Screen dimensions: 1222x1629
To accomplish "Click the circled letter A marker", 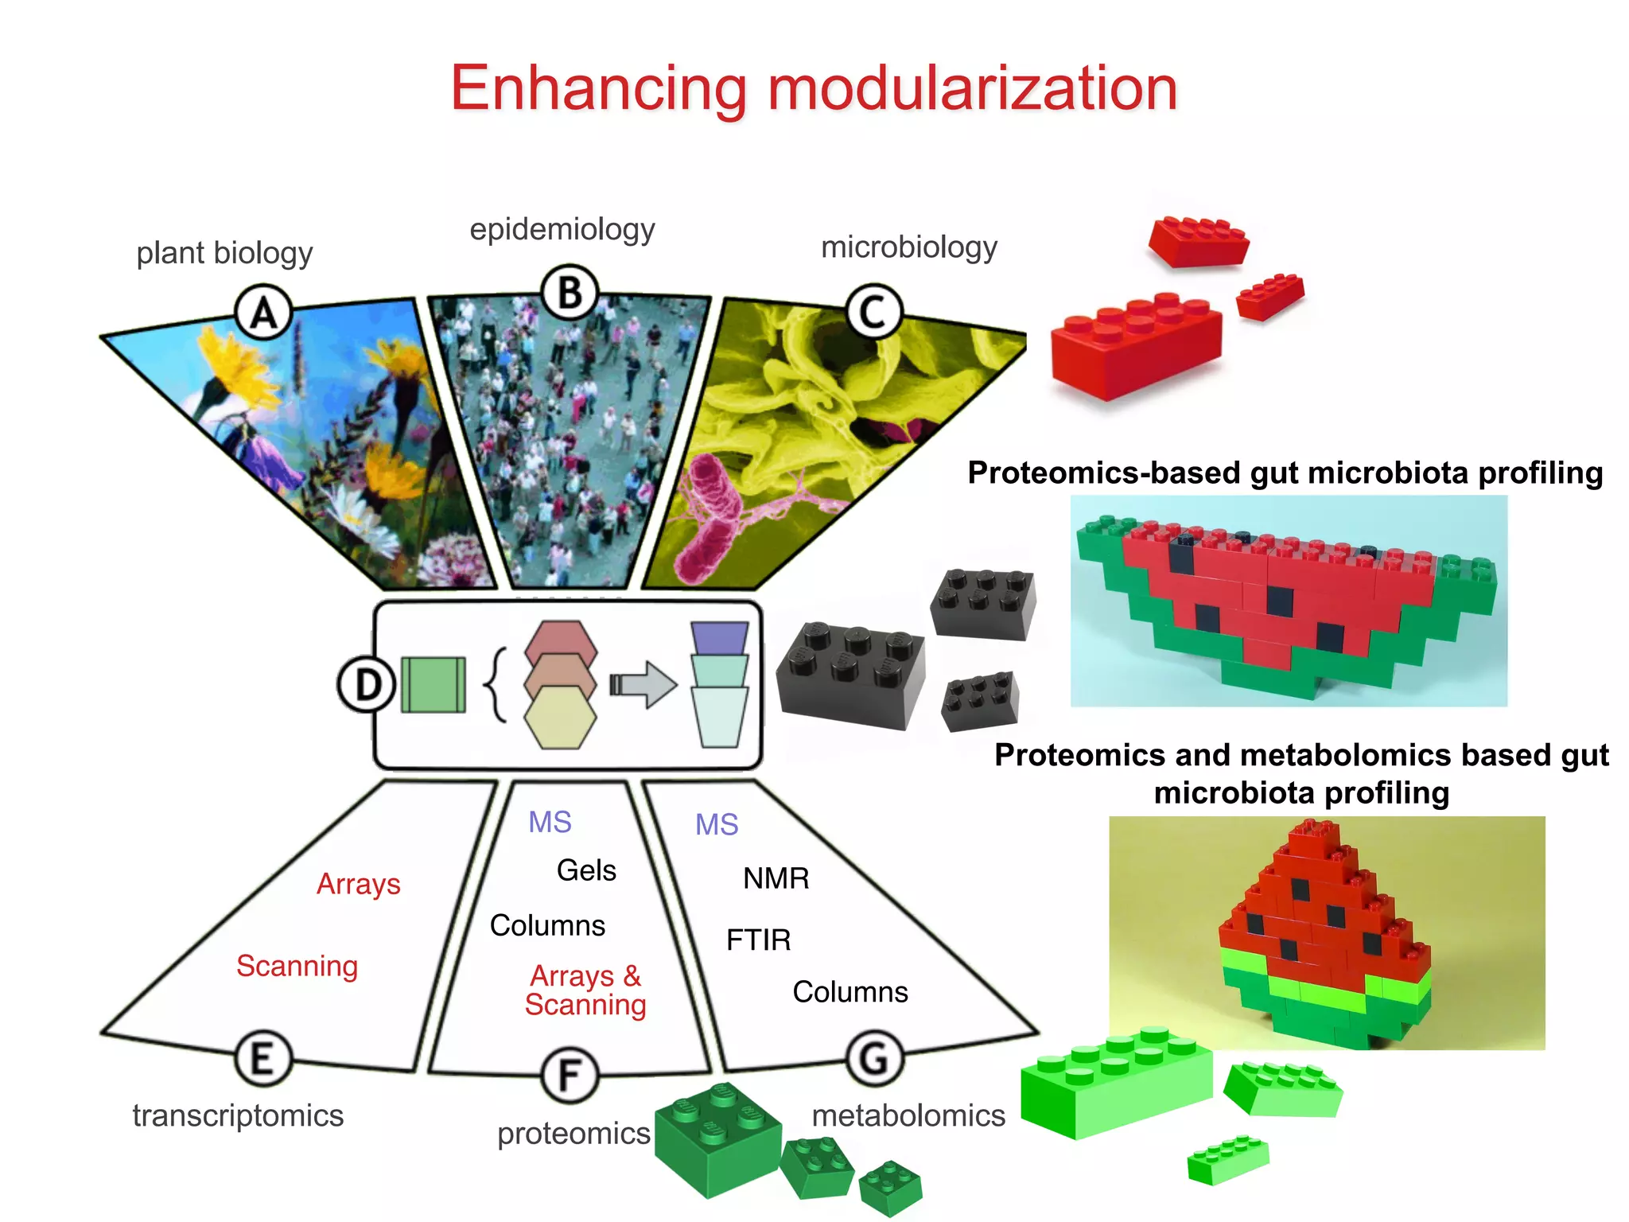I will (x=264, y=313).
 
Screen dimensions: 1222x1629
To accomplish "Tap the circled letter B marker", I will (x=570, y=293).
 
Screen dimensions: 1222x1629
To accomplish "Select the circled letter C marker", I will (x=873, y=311).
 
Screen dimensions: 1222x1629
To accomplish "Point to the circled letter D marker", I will (x=367, y=684).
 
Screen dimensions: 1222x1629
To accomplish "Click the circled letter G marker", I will (x=874, y=1059).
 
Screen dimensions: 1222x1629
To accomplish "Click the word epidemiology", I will (x=562, y=229).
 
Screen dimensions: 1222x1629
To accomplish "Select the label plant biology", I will (x=224, y=253).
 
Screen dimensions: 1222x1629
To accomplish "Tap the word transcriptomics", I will (x=238, y=1115).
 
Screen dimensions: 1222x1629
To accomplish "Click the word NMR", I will (x=776, y=878).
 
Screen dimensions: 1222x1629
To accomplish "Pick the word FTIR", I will (x=758, y=940).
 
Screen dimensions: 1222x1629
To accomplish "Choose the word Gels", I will (x=586, y=870).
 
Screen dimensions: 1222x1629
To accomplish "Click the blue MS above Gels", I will (x=550, y=822).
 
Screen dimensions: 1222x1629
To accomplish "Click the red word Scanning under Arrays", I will (x=297, y=966).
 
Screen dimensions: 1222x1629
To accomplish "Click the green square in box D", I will (x=433, y=684).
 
